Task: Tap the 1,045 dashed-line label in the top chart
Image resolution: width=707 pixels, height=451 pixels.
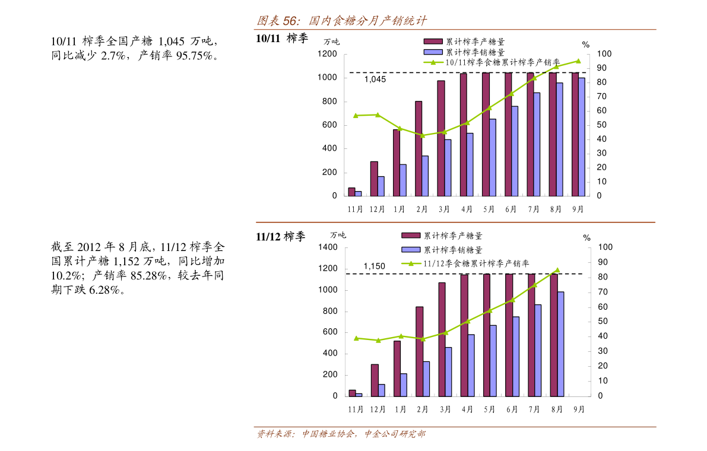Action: (375, 80)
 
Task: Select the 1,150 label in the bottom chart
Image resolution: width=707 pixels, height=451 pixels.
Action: (374, 266)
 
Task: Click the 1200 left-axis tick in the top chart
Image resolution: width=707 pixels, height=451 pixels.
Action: (327, 54)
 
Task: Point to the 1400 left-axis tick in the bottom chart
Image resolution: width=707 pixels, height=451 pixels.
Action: (328, 247)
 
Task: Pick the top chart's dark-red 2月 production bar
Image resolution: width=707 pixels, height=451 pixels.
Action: (419, 148)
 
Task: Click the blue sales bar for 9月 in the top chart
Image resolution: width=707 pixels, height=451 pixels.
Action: (582, 136)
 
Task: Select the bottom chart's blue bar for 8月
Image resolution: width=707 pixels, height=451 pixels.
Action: (560, 344)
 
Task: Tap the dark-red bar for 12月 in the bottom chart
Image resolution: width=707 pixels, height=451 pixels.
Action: (375, 380)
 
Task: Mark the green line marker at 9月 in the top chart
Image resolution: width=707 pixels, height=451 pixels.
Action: (578, 61)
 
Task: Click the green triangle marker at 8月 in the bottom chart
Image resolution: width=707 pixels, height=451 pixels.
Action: (557, 270)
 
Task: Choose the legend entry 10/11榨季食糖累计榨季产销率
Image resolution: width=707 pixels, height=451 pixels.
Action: (502, 62)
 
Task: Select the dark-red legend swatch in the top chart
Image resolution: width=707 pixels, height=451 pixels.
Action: (433, 42)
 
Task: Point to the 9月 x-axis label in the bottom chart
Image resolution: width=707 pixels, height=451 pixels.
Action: (579, 409)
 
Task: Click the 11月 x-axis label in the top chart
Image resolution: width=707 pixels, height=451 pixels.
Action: (355, 209)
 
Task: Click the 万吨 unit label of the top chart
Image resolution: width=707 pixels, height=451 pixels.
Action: (332, 42)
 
